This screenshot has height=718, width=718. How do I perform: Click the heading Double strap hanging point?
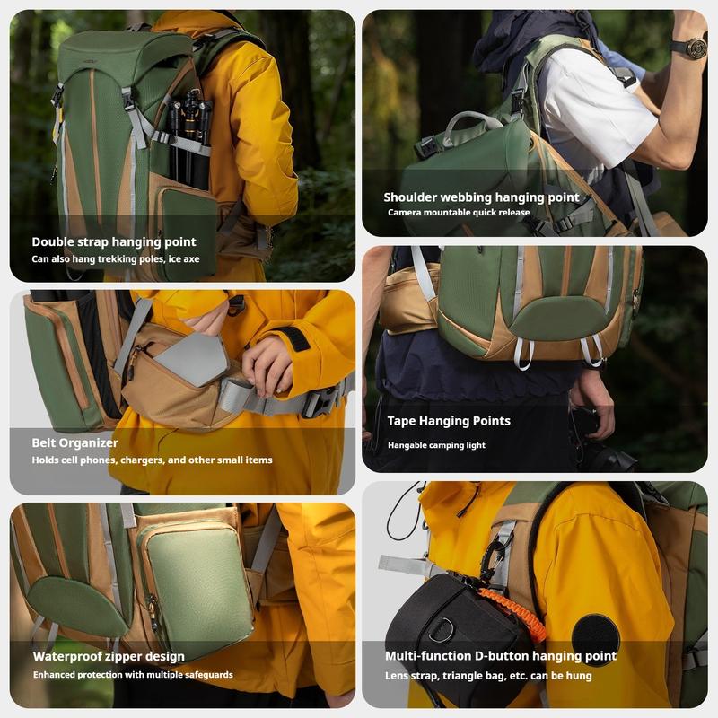[114, 241]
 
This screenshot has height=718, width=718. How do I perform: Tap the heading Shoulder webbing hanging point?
[481, 197]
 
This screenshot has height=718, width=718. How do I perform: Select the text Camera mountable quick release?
[459, 213]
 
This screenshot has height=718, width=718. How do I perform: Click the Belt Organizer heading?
[75, 442]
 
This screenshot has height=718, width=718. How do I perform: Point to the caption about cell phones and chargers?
[152, 460]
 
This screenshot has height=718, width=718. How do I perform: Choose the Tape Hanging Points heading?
[449, 421]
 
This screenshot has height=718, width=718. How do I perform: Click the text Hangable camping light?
[436, 445]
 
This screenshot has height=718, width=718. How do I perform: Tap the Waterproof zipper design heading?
[109, 656]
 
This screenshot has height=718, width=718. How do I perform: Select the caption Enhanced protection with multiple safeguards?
[133, 674]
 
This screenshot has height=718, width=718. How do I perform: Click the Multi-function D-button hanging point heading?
[501, 656]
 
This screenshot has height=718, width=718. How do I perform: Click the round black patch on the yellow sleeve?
[596, 639]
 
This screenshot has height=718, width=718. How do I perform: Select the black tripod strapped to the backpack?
[190, 135]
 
